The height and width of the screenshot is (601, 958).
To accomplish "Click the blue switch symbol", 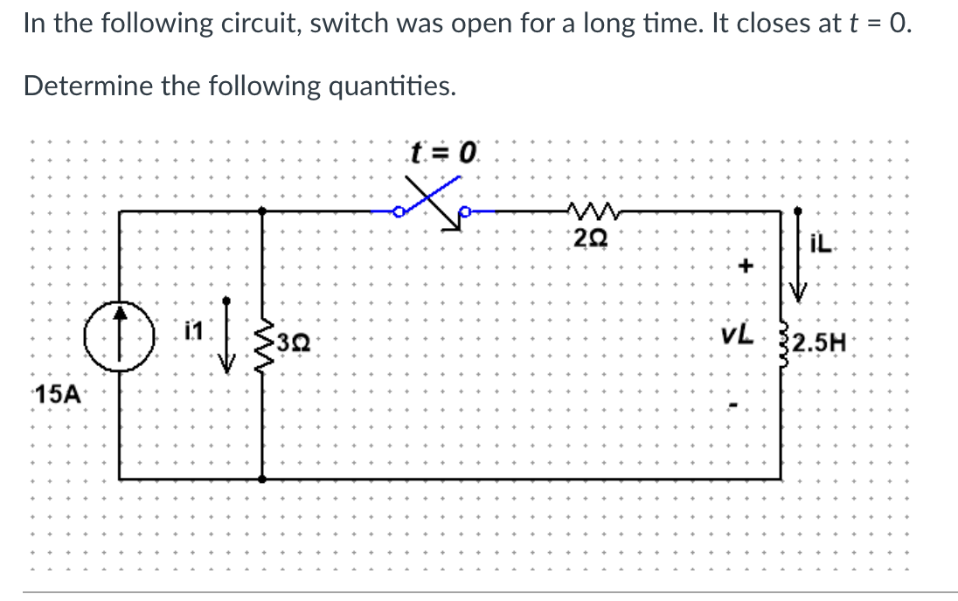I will coord(433,208).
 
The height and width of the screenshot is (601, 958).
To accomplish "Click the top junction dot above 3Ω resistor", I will coord(262,210).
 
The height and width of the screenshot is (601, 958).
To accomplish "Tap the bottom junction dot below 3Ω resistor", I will coord(262,478).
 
